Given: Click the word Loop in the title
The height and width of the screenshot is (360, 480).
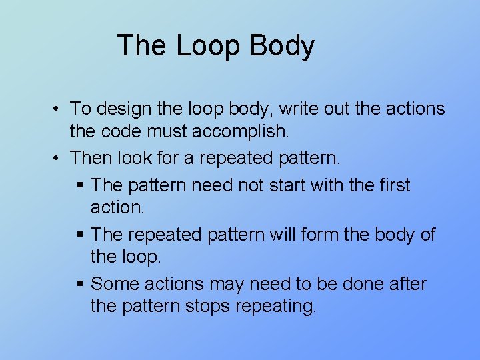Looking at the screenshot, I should click(209, 46).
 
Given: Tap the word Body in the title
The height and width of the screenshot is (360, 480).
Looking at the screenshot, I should click(282, 46).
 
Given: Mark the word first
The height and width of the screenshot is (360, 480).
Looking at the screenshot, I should click(391, 185).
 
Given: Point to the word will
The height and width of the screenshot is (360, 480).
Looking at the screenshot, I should click(278, 235).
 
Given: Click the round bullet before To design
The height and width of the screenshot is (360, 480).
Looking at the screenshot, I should click(59, 109).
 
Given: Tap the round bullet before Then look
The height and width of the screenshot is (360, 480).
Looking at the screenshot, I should click(59, 159).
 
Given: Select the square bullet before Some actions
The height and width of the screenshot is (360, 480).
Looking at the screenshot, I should click(80, 285).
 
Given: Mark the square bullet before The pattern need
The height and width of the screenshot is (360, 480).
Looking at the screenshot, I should click(80, 185).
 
